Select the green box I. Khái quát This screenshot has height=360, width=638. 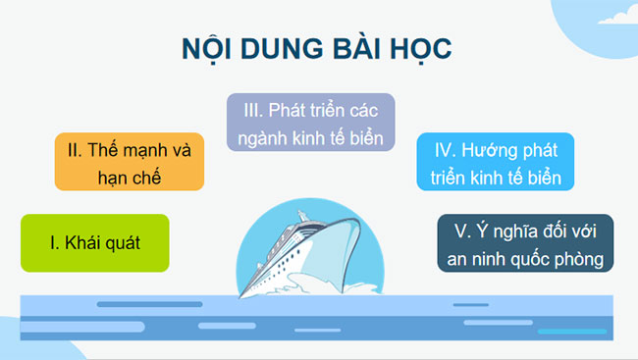(94, 242)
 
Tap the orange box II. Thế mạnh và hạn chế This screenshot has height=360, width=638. (129, 163)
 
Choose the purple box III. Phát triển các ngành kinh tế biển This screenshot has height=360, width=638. (310, 122)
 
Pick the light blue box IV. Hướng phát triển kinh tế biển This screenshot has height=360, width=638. (495, 163)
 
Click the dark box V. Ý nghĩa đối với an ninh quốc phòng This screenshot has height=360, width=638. (525, 244)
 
